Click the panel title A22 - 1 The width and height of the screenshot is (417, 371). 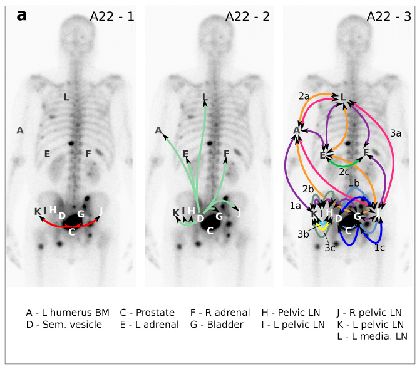click(112, 17)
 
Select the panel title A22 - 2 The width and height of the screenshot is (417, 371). click(247, 17)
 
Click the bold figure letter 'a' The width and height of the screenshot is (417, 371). click(22, 15)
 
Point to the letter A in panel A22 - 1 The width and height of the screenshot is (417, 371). click(20, 130)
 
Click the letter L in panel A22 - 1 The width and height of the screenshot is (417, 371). click(66, 97)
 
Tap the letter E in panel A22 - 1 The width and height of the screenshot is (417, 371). click(46, 154)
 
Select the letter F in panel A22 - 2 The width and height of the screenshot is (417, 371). click(226, 154)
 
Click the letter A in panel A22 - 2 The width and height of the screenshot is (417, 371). click(159, 130)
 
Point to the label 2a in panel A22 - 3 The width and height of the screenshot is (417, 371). click(304, 96)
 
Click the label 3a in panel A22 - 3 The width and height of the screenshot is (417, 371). click(396, 133)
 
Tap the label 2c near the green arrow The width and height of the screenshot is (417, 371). click(344, 170)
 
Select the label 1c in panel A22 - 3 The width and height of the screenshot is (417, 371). click(379, 248)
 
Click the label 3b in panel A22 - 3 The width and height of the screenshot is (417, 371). click(303, 234)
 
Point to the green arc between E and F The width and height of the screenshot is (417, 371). click(344, 163)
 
